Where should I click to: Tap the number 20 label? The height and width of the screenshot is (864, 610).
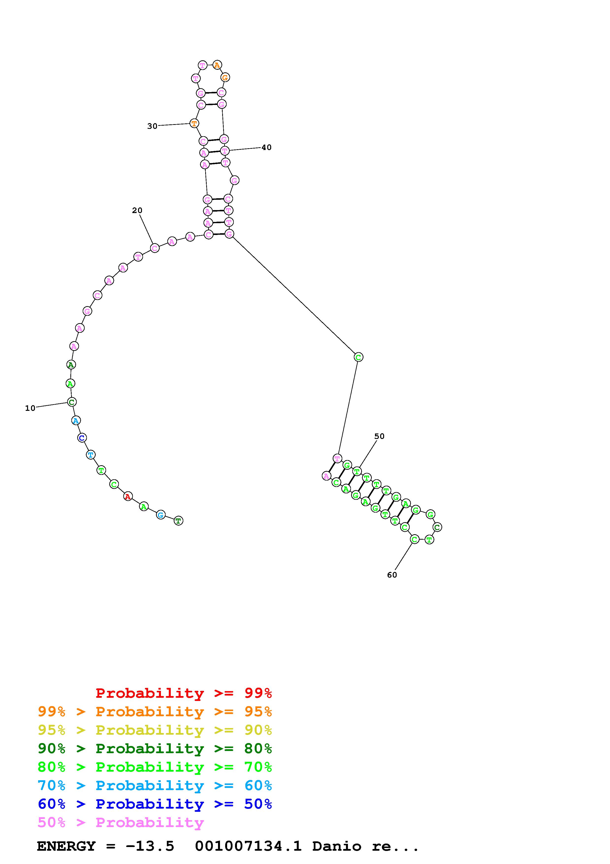(x=137, y=210)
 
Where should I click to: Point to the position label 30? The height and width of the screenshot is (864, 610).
(x=152, y=126)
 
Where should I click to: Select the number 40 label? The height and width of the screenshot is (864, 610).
(x=266, y=148)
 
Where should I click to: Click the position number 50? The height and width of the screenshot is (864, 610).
(x=379, y=436)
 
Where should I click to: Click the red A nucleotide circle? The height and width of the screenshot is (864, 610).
(x=128, y=497)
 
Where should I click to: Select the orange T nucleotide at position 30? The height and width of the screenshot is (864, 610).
(x=194, y=123)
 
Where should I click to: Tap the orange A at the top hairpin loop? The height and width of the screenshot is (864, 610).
(x=217, y=65)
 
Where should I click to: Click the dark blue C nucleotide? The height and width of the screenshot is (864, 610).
(x=82, y=438)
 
